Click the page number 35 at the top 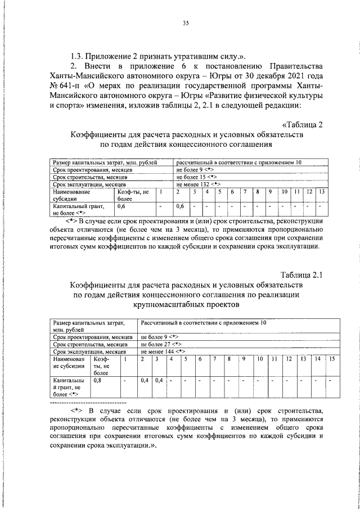click(x=186, y=23)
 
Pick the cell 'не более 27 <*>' click(x=161, y=344)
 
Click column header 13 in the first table click(x=321, y=192)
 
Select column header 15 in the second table click(x=331, y=358)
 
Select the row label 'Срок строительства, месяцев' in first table click(x=90, y=177)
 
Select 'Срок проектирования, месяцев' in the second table click(x=93, y=336)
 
